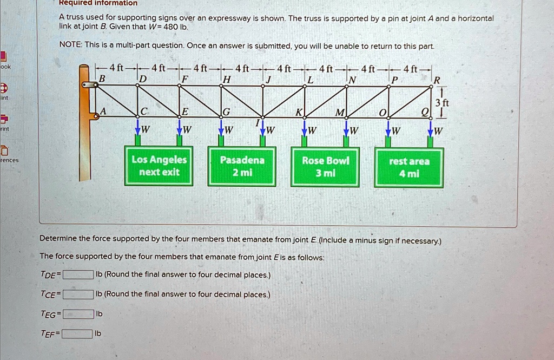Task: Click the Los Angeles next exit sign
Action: [159, 166]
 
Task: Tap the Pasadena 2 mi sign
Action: [242, 166]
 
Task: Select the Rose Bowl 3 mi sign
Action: [325, 166]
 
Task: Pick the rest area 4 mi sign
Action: [409, 167]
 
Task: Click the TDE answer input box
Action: [78, 274]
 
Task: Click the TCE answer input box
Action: [78, 294]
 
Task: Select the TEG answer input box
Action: [78, 314]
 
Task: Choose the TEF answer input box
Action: [77, 333]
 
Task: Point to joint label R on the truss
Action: [437, 80]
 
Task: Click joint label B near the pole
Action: [101, 79]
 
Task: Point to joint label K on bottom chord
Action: [298, 112]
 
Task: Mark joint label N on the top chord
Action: [352, 80]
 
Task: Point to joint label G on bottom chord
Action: [226, 112]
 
